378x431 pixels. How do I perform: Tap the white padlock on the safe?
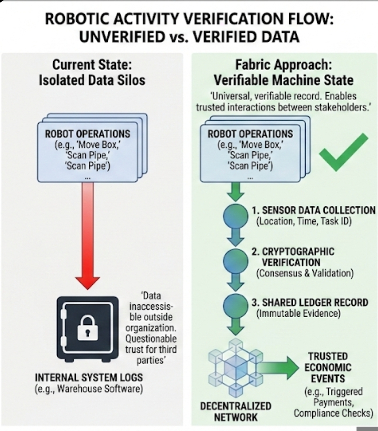point(88,327)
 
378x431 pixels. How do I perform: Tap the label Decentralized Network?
point(236,411)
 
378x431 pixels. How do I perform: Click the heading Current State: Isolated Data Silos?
point(92,72)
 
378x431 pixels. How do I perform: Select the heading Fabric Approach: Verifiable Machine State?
point(283,72)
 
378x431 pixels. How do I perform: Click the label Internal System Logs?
point(89,377)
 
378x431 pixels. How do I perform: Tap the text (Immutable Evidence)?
point(299,314)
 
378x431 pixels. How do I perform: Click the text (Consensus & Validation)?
point(305,273)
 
